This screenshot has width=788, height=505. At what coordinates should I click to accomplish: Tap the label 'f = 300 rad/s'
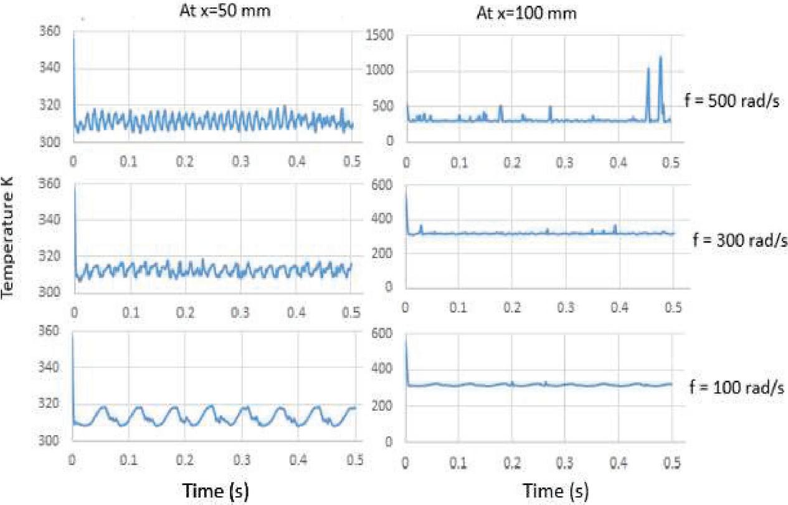pyautogui.click(x=739, y=239)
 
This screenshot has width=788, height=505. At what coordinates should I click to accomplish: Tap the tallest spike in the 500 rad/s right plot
pyautogui.click(x=660, y=57)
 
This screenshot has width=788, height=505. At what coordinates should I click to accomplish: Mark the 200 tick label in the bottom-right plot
pyautogui.click(x=386, y=406)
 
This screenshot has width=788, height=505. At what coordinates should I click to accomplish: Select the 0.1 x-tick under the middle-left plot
pyautogui.click(x=131, y=310)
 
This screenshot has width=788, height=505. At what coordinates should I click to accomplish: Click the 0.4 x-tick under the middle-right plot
pyautogui.click(x=618, y=307)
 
